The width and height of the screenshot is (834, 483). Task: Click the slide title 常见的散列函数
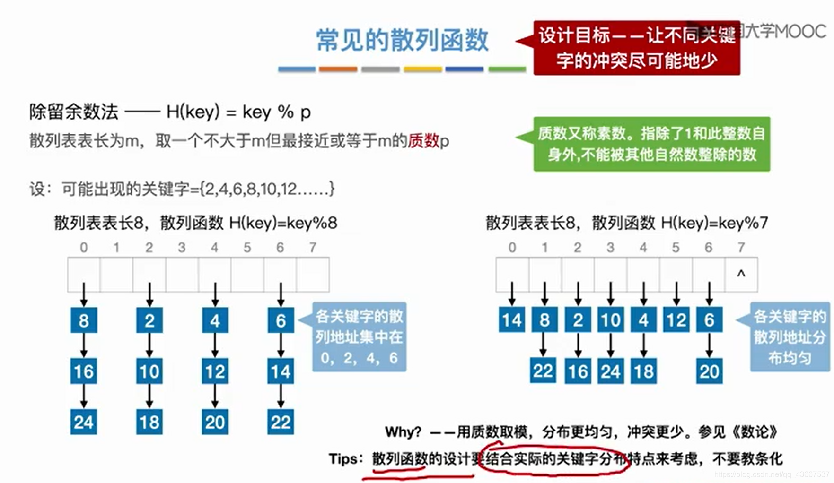coord(402,40)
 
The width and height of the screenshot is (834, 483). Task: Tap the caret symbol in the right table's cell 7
coord(741,274)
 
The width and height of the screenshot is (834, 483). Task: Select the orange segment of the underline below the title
coord(338,69)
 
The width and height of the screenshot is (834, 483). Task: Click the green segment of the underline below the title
coord(507,69)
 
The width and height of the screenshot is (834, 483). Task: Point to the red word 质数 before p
coord(423,140)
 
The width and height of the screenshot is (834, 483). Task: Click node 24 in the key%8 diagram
coord(84,422)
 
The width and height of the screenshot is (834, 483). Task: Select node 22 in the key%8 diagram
coord(281,422)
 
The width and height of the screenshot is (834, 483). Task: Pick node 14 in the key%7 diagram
coord(512,320)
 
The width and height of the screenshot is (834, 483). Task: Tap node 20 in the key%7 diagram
coord(709,371)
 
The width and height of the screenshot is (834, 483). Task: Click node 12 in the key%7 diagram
coord(676,320)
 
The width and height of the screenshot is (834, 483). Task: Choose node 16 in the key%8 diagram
coord(84,371)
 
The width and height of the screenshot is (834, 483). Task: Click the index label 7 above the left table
coord(313,247)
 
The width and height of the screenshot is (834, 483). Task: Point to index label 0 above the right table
coord(512,247)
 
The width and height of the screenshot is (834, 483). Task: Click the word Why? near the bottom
coord(403,432)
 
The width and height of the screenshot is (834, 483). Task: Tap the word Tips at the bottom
coord(343,458)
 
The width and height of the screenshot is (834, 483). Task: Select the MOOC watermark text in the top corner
coord(799,31)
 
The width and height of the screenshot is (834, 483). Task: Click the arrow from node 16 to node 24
coord(84,396)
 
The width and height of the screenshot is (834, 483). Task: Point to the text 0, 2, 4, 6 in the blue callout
coord(359,358)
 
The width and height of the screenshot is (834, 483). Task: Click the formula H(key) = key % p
coord(238,112)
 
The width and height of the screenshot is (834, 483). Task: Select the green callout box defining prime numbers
coord(651,144)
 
